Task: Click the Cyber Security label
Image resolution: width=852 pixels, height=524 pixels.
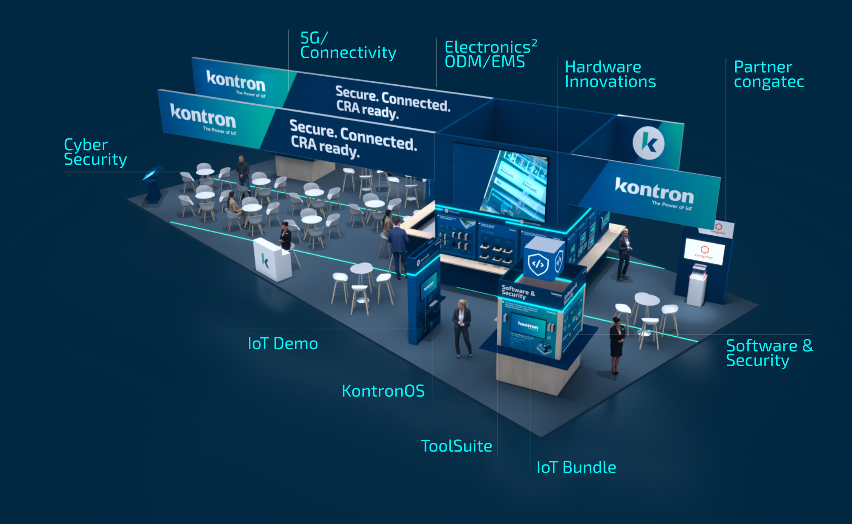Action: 95,152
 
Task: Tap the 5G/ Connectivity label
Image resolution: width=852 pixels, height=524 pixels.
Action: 348,46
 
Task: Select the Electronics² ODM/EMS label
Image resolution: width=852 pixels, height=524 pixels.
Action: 490,54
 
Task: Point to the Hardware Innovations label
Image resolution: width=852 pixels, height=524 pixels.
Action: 610,74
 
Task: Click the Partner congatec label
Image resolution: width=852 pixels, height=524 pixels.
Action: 769,74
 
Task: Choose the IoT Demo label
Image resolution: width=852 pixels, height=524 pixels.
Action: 282,344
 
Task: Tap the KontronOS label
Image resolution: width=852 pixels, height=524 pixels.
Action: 383,391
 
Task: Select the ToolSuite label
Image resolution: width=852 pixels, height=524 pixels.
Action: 456,446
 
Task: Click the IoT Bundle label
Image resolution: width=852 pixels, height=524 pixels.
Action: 576,467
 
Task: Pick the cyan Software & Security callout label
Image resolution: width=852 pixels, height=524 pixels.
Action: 769,353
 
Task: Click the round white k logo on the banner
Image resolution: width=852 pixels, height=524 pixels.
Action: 648,143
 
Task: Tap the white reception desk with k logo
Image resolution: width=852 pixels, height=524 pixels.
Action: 272,260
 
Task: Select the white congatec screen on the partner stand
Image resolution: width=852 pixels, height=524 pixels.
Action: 704,251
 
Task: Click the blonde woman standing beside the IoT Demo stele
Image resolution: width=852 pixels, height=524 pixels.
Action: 462,328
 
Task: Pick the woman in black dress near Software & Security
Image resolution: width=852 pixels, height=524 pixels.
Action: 616,345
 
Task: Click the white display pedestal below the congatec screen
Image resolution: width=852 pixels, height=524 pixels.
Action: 697,287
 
